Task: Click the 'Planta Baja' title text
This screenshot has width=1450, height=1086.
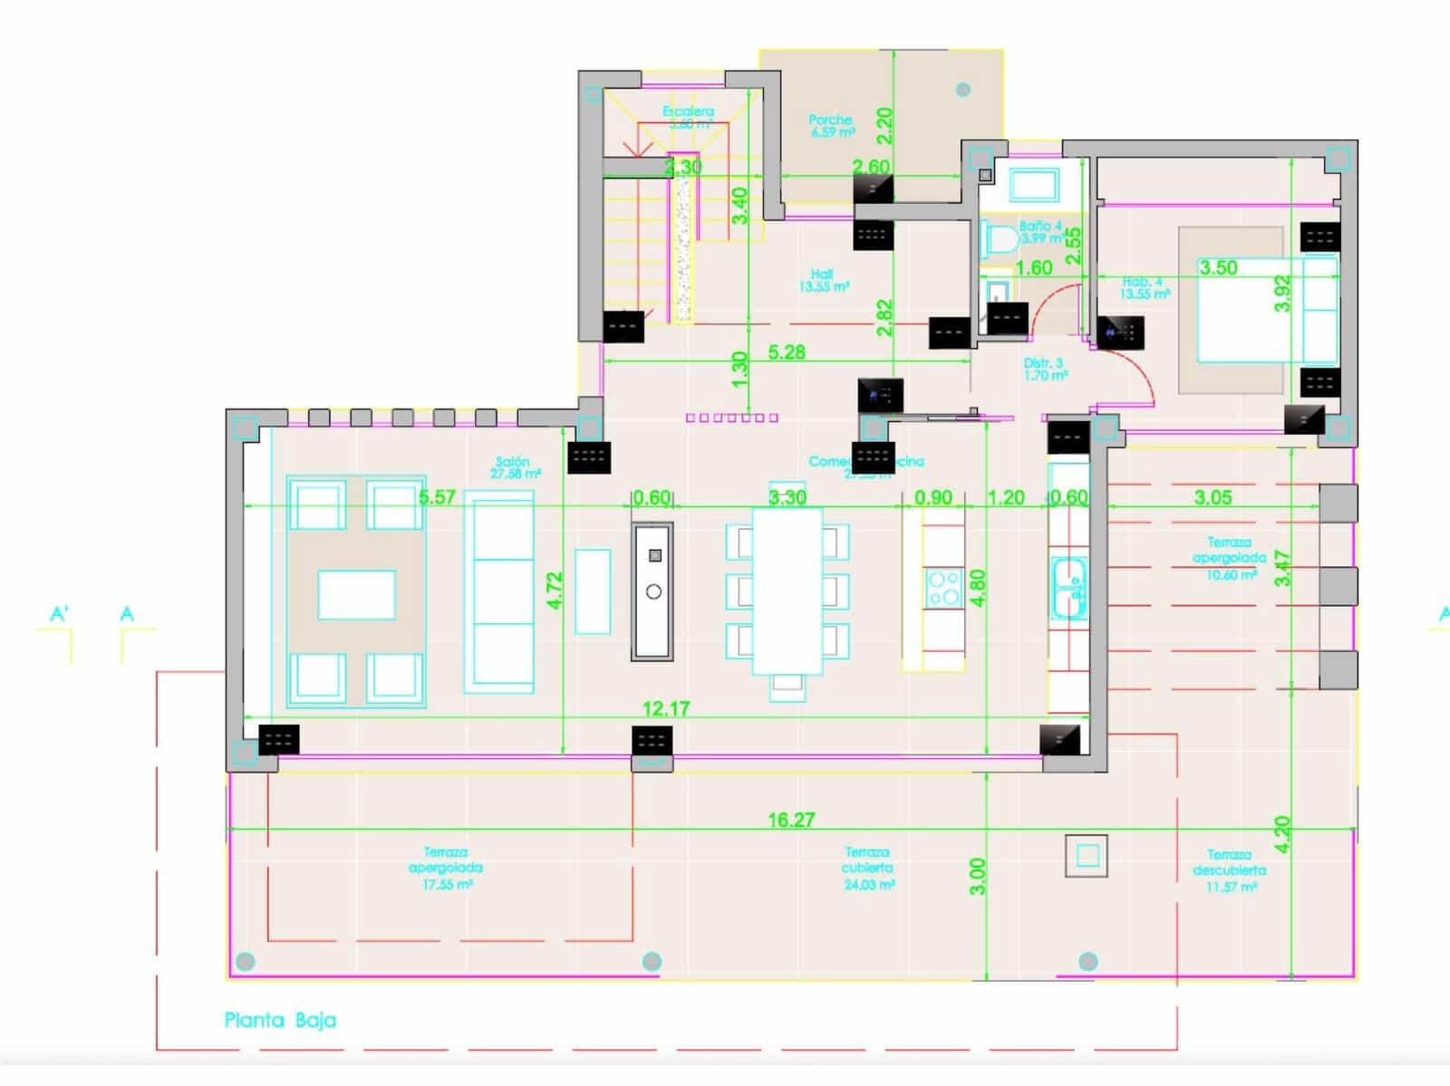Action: pos(280,1020)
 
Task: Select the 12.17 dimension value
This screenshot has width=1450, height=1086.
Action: pos(666,708)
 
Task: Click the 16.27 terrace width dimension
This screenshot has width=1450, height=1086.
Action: pos(790,820)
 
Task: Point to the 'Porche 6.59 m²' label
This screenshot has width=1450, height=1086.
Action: pos(831,126)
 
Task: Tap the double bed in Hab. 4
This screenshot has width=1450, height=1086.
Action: pos(1264,308)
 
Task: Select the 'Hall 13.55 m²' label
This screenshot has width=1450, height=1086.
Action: pos(823,280)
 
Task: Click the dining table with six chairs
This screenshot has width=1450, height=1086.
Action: pos(787,591)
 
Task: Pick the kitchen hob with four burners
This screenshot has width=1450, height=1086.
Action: pos(943,587)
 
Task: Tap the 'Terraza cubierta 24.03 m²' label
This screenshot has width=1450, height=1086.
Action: pos(868,868)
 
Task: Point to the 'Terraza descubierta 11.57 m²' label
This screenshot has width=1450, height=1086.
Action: pos(1229,870)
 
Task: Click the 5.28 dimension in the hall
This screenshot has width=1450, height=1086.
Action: pos(786,352)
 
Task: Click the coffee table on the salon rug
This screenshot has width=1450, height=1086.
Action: pos(356,594)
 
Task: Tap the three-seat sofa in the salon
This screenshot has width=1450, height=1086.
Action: pos(498,591)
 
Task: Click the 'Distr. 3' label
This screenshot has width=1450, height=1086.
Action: pos(1045,369)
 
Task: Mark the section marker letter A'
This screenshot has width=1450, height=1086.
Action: pos(59,614)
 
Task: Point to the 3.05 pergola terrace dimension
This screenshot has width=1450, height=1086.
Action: pos(1213,497)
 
